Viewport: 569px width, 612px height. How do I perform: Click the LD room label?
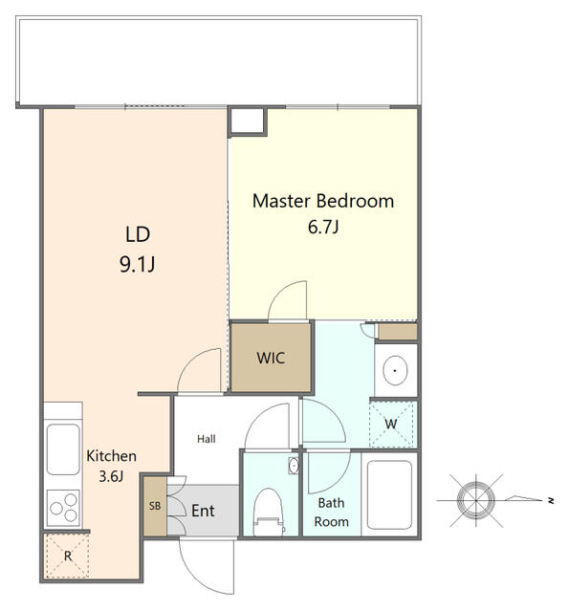pyautogui.click(x=138, y=234)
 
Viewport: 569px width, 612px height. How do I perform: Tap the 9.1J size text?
pyautogui.click(x=138, y=265)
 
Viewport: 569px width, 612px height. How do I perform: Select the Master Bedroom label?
pyautogui.click(x=323, y=201)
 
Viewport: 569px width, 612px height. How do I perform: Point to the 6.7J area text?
pyautogui.click(x=323, y=227)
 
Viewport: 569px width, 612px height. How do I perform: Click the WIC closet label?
pyautogui.click(x=271, y=358)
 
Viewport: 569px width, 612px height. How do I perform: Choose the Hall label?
pyautogui.click(x=206, y=439)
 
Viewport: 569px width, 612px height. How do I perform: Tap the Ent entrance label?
pyautogui.click(x=203, y=511)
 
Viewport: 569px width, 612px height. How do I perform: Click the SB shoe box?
pyautogui.click(x=155, y=506)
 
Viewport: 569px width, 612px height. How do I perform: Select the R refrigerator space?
pyautogui.click(x=67, y=556)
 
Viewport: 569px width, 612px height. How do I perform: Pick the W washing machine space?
pyautogui.click(x=391, y=424)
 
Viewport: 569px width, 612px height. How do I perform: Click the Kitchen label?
pyautogui.click(x=111, y=456)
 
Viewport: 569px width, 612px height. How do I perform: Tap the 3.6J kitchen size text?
pyautogui.click(x=111, y=476)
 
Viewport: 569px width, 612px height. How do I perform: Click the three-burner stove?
pyautogui.click(x=63, y=508)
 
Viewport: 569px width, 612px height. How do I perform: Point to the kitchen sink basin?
pyautogui.click(x=63, y=449)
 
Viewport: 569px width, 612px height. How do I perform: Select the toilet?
pyautogui.click(x=268, y=513)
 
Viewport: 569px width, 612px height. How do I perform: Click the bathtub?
pyautogui.click(x=389, y=494)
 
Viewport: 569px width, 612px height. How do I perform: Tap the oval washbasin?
pyautogui.click(x=395, y=370)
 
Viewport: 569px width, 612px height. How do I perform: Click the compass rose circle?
pyautogui.click(x=476, y=500)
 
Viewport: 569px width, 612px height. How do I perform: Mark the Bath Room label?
pyautogui.click(x=331, y=513)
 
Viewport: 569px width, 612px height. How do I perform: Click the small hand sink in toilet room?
pyautogui.click(x=294, y=466)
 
